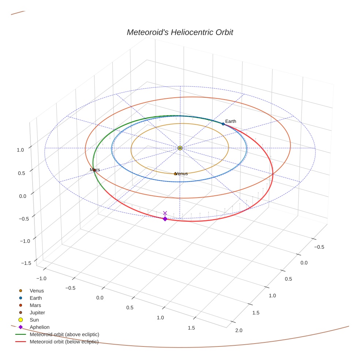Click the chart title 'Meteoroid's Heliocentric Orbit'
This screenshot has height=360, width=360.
[180, 32]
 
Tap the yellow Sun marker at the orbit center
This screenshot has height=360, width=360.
[180, 148]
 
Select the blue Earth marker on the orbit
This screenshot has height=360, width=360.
[223, 124]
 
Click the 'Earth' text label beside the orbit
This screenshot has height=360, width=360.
[230, 121]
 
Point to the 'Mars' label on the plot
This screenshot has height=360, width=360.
[95, 170]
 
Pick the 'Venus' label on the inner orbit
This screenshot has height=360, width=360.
[181, 173]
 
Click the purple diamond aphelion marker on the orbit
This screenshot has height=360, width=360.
[165, 219]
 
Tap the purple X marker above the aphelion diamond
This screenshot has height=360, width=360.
[165, 213]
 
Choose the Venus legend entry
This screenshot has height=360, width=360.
[37, 291]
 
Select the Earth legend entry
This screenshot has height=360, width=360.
[35, 298]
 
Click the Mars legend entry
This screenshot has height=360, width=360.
[35, 305]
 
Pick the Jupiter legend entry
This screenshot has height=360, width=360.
[37, 312]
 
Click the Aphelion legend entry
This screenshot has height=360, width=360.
[39, 327]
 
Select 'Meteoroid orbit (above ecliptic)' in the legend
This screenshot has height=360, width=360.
[64, 334]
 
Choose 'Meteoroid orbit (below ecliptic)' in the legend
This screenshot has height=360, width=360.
[64, 342]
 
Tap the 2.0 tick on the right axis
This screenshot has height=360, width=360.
[239, 330]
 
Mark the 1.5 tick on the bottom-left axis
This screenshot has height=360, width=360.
[191, 328]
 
